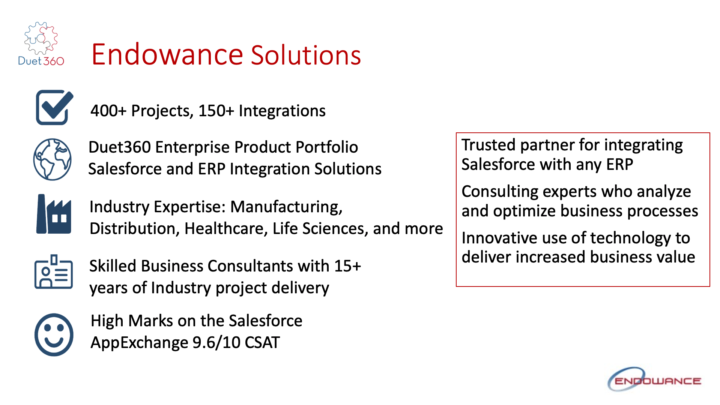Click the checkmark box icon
pyautogui.click(x=54, y=107)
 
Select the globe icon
pyautogui.click(x=53, y=159)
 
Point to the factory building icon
pyautogui.click(x=54, y=214)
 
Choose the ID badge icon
pyautogui.click(x=53, y=272)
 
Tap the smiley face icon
pyautogui.click(x=54, y=334)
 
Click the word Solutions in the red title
pyautogui.click(x=305, y=55)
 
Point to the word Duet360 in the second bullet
pyautogui.click(x=120, y=147)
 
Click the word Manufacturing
pyautogui.click(x=286, y=207)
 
